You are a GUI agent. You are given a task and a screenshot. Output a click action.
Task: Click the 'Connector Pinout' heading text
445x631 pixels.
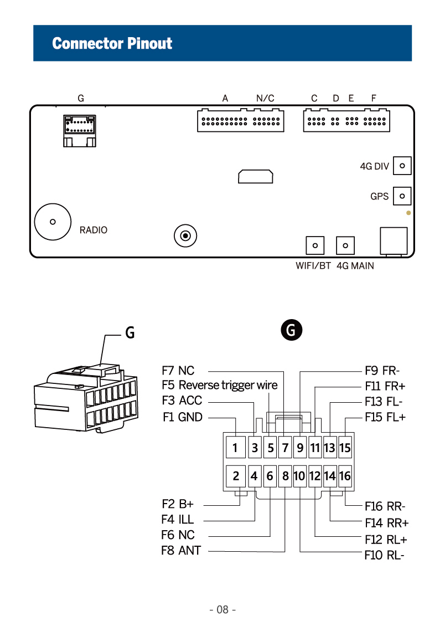click(x=112, y=43)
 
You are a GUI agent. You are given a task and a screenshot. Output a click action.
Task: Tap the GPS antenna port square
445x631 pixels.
click(x=402, y=196)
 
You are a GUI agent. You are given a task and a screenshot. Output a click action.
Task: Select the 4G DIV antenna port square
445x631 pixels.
click(x=402, y=166)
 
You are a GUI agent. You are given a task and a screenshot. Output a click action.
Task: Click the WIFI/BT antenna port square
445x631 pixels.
click(x=315, y=245)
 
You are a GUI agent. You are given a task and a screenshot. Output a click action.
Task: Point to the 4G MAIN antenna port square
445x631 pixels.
click(x=345, y=245)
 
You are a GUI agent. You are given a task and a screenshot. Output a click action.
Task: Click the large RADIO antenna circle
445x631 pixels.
click(x=53, y=222)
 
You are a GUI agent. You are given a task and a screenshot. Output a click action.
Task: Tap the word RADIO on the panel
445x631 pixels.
click(x=93, y=230)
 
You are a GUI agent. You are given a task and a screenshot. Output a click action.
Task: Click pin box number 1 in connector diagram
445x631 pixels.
click(x=235, y=447)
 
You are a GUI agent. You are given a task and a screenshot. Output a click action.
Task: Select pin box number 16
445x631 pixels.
click(x=344, y=476)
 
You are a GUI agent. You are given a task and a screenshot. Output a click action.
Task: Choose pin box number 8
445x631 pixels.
click(x=285, y=476)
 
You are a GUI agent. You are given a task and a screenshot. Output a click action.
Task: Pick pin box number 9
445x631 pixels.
click(x=300, y=447)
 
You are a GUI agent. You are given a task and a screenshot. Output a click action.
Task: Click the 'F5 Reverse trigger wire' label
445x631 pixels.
click(x=220, y=385)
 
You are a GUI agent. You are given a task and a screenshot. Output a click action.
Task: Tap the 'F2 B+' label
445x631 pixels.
click(x=178, y=504)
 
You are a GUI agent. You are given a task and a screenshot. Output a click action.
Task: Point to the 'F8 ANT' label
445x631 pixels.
click(x=181, y=550)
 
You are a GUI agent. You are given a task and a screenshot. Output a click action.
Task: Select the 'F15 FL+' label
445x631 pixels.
click(x=385, y=417)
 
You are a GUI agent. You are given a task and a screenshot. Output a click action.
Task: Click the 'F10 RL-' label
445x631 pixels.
click(x=384, y=555)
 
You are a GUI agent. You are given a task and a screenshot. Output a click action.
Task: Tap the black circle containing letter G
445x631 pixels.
click(x=292, y=330)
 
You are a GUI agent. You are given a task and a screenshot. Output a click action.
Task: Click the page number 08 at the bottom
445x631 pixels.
click(x=222, y=609)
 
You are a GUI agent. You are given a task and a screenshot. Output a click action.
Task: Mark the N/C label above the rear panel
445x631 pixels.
click(x=265, y=98)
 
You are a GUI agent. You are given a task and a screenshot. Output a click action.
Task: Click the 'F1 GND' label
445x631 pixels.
click(x=183, y=417)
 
